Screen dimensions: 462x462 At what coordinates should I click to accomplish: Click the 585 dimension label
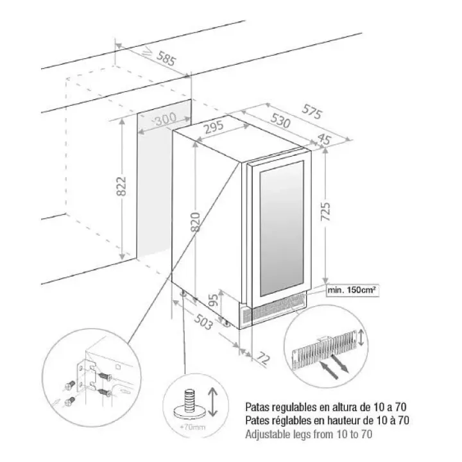pos(166,58)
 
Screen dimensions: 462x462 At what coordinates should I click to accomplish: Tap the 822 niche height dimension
pos(121,186)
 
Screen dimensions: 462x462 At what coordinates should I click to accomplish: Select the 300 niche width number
pos(165,119)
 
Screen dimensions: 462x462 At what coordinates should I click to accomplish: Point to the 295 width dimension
pos(214,127)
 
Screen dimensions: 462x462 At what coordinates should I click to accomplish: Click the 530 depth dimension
pos(280,120)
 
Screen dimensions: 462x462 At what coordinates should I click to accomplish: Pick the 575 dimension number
pos(312,112)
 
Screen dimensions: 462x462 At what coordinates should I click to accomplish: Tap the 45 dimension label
pos(325,139)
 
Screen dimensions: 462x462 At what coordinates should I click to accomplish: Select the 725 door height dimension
pos(326,212)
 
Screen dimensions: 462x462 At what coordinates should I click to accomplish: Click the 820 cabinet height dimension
pos(195,222)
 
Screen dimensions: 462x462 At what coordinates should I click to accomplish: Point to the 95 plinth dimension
pos(214,300)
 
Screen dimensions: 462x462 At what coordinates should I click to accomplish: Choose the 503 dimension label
pos(203,321)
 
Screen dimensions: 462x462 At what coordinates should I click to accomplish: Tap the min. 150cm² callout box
pos(352,290)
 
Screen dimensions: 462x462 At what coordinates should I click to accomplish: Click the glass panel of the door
pos(282,228)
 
